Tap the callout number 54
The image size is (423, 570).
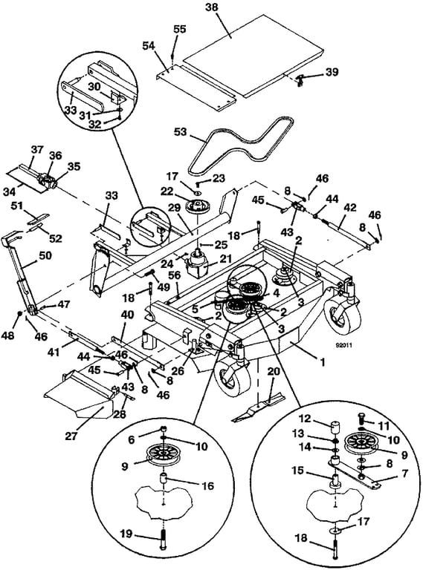click(x=150, y=46)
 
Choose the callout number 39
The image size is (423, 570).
click(x=332, y=72)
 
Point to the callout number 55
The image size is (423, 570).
click(x=180, y=28)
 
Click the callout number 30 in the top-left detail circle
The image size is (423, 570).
click(x=94, y=85)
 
